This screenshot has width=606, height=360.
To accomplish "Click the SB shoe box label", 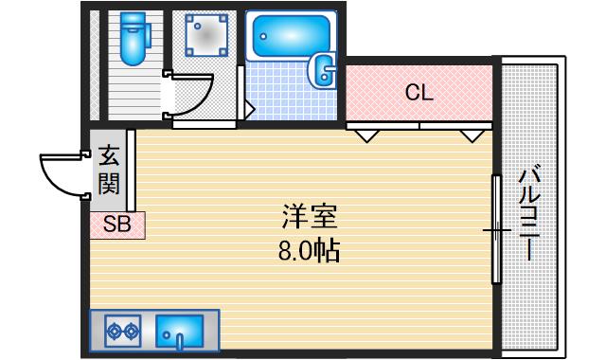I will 117,225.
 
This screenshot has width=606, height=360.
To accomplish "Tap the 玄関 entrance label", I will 108,171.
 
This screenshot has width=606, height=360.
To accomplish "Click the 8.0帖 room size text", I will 306,253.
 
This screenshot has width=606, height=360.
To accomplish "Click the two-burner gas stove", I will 123,331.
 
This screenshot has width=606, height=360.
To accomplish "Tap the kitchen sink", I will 180,331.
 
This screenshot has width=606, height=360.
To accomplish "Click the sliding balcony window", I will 495,228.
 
